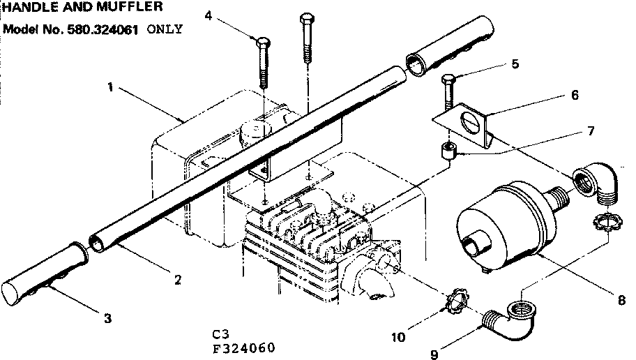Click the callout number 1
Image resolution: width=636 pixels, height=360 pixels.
point(110,88)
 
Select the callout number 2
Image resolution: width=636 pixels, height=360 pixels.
point(178,280)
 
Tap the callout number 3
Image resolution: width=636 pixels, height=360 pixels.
point(107,319)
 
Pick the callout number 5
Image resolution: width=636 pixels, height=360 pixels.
point(515,63)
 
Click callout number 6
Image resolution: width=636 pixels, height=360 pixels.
point(575,95)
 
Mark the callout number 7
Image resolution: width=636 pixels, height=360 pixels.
point(590,130)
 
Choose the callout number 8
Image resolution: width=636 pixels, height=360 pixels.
point(620,300)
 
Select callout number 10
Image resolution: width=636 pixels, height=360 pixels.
point(397,337)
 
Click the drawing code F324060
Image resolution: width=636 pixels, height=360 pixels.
point(243,347)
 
